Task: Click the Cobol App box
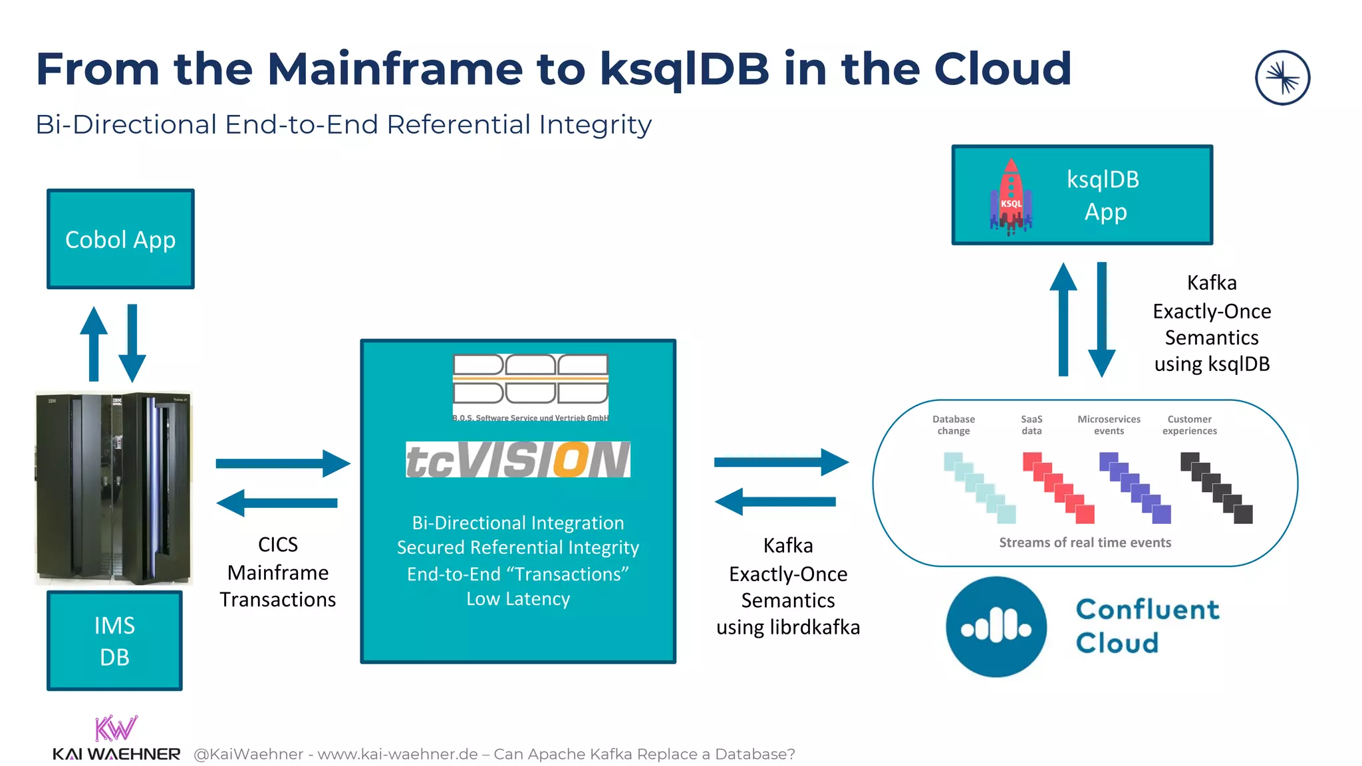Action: (120, 239)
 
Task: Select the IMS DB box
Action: (114, 640)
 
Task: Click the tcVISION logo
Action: (517, 459)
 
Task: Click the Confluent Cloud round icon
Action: (996, 626)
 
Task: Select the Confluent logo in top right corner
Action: (1282, 78)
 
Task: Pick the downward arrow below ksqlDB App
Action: (1101, 319)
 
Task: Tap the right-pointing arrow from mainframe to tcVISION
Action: (283, 463)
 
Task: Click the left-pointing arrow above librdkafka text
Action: (775, 501)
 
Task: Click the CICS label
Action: (277, 545)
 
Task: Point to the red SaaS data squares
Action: (1058, 487)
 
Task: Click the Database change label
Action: (953, 425)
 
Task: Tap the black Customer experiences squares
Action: (1216, 487)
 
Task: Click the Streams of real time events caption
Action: (1085, 543)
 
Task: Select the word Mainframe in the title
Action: (395, 69)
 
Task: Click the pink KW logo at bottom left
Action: (116, 728)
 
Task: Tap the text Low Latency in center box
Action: (518, 599)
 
